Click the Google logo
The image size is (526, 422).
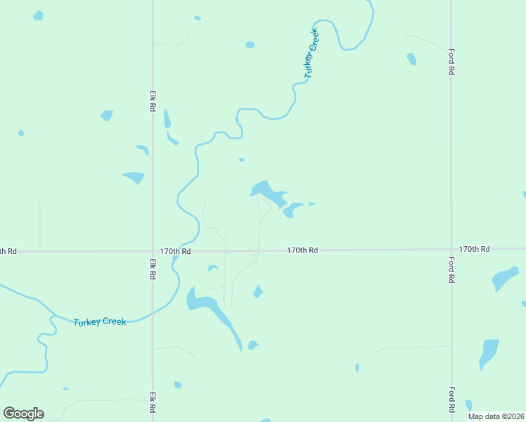click(24, 414)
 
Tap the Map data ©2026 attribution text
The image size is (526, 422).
click(496, 416)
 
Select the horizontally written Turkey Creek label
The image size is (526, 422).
click(100, 321)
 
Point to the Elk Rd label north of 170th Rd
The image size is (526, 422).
click(152, 100)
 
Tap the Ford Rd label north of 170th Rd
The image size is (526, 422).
click(451, 61)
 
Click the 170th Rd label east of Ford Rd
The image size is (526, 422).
click(474, 249)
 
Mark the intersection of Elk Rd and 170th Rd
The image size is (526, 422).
click(153, 251)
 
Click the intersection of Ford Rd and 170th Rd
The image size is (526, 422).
click(451, 248)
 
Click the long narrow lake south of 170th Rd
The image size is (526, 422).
click(214, 313)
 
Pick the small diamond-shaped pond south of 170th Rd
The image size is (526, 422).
click(258, 291)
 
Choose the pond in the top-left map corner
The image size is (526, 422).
click(38, 15)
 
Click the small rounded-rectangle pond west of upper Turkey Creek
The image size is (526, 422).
click(250, 45)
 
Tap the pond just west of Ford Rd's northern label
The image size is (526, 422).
click(411, 59)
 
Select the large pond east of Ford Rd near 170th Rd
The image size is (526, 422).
click(504, 278)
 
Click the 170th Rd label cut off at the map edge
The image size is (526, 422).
click(8, 251)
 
